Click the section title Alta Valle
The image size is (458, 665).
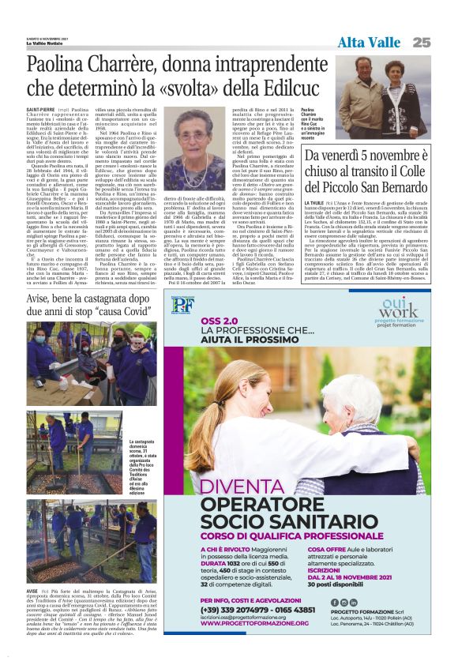coord(369,42)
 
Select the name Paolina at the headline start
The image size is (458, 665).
coord(62,65)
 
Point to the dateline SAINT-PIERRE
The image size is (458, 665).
coord(41,110)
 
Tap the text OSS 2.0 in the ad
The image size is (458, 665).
coord(218,321)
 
